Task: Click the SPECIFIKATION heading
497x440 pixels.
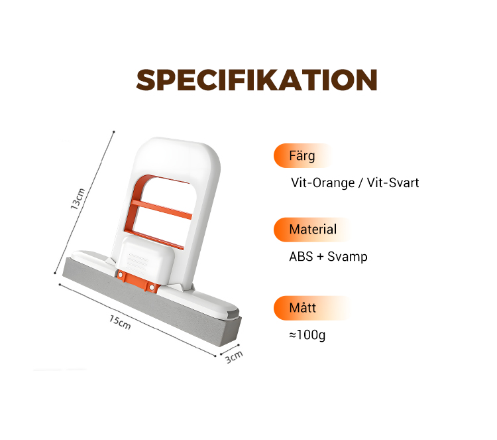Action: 256,80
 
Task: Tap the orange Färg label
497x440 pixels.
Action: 302,155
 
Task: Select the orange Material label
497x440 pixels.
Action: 313,229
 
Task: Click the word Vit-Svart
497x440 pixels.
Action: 393,183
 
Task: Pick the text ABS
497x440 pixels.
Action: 301,257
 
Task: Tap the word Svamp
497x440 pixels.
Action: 347,257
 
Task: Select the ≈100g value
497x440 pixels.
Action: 307,335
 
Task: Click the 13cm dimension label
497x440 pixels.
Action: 78,199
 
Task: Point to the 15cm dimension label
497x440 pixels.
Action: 120,322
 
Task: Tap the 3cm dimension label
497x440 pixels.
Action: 234,357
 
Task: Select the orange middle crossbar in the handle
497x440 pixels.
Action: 161,209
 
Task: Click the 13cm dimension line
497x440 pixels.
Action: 84,202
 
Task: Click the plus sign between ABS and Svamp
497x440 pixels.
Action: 320,257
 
